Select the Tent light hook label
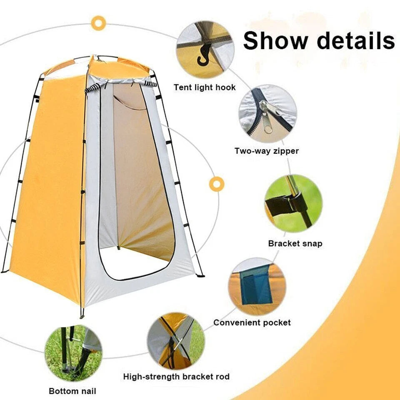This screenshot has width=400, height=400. [x=205, y=87]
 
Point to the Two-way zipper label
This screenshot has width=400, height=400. [x=267, y=151]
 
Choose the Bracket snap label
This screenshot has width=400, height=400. [x=295, y=243]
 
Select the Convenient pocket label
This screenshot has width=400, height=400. [x=252, y=322]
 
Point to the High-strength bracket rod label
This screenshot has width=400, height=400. [x=176, y=377]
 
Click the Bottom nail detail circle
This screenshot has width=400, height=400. [x=73, y=353]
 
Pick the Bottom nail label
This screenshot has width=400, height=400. [x=72, y=391]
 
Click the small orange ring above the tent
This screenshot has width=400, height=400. [x=98, y=23]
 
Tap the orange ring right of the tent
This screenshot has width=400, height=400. [x=217, y=184]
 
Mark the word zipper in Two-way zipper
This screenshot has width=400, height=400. [x=286, y=151]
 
